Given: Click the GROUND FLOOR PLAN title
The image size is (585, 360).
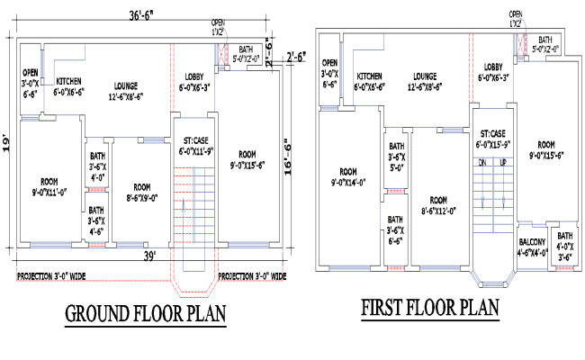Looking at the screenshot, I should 145,314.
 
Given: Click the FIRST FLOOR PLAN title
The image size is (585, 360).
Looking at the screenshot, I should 430,309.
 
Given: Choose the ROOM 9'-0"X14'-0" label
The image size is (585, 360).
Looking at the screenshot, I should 348,177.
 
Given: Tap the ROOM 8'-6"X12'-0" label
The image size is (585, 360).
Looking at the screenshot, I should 438,205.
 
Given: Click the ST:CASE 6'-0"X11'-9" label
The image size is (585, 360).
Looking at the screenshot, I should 195,146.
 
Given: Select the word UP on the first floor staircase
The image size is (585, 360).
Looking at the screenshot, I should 503,163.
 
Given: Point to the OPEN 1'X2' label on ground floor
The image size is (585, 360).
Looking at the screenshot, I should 218,26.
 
